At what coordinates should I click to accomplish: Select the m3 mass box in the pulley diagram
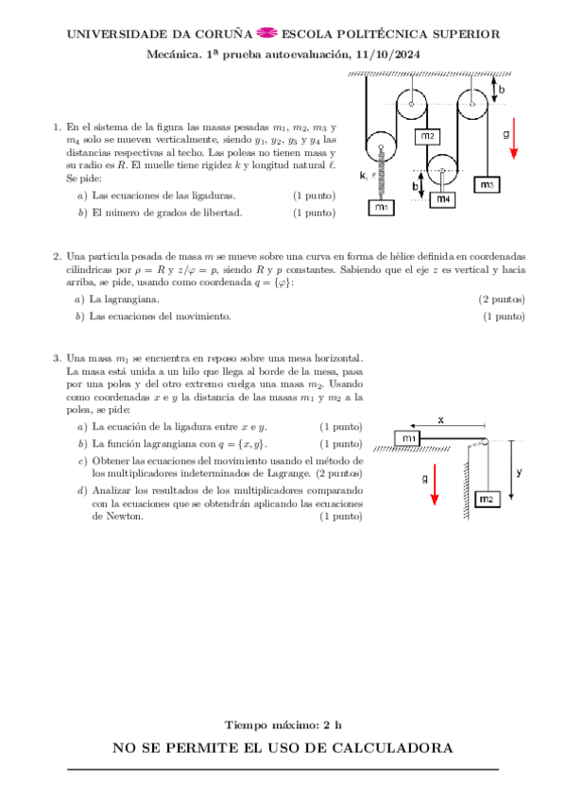[487, 185]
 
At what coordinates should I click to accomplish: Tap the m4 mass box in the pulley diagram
[442, 199]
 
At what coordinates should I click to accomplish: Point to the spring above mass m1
[381, 175]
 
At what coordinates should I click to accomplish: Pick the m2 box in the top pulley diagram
[427, 136]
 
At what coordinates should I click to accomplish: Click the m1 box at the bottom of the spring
[381, 207]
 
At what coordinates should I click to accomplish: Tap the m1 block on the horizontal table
[408, 438]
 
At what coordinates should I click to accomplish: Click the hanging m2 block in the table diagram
[487, 498]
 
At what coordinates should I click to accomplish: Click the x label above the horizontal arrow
[440, 418]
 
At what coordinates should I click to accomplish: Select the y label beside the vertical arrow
[521, 470]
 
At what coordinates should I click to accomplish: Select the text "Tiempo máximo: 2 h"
[283, 724]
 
